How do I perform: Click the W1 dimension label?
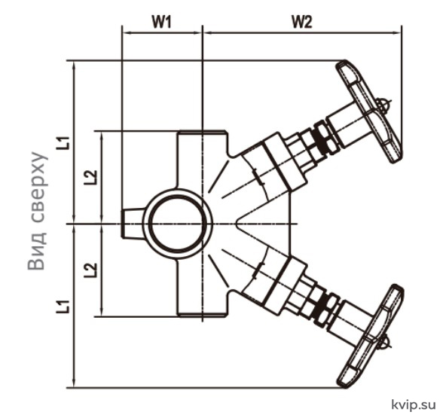point(161,22)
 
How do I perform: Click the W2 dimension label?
point(302,22)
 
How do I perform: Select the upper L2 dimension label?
point(91,178)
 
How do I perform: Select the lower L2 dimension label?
point(91,270)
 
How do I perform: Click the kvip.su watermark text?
point(414,405)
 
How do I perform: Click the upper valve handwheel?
point(368,111)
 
